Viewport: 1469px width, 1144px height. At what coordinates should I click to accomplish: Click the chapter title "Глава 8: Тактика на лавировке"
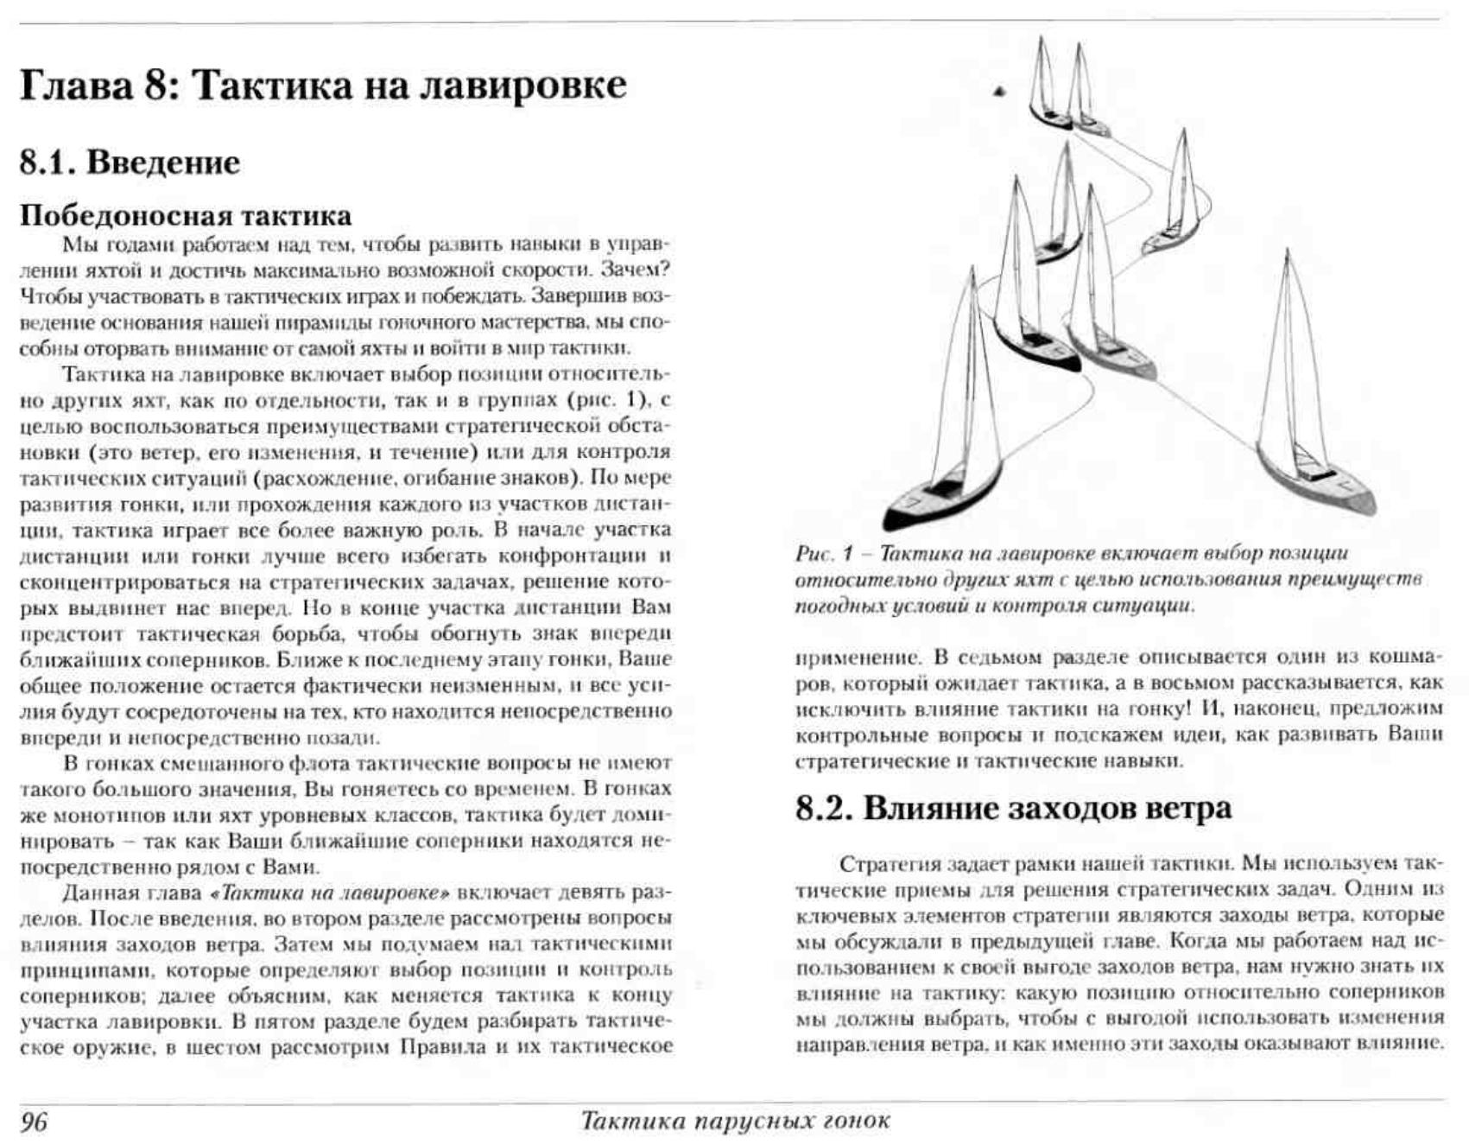click(x=323, y=86)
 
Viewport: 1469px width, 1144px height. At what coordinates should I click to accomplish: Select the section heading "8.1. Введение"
click(x=130, y=162)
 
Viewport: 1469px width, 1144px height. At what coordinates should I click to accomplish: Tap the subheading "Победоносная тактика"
click(x=186, y=215)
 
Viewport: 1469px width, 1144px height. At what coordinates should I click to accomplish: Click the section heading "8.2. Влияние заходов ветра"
click(x=1013, y=808)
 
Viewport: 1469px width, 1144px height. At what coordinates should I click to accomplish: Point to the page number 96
click(x=35, y=1122)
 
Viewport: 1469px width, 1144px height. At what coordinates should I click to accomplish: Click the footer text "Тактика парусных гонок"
click(x=735, y=1122)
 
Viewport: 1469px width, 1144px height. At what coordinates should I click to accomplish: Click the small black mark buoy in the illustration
click(x=999, y=90)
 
